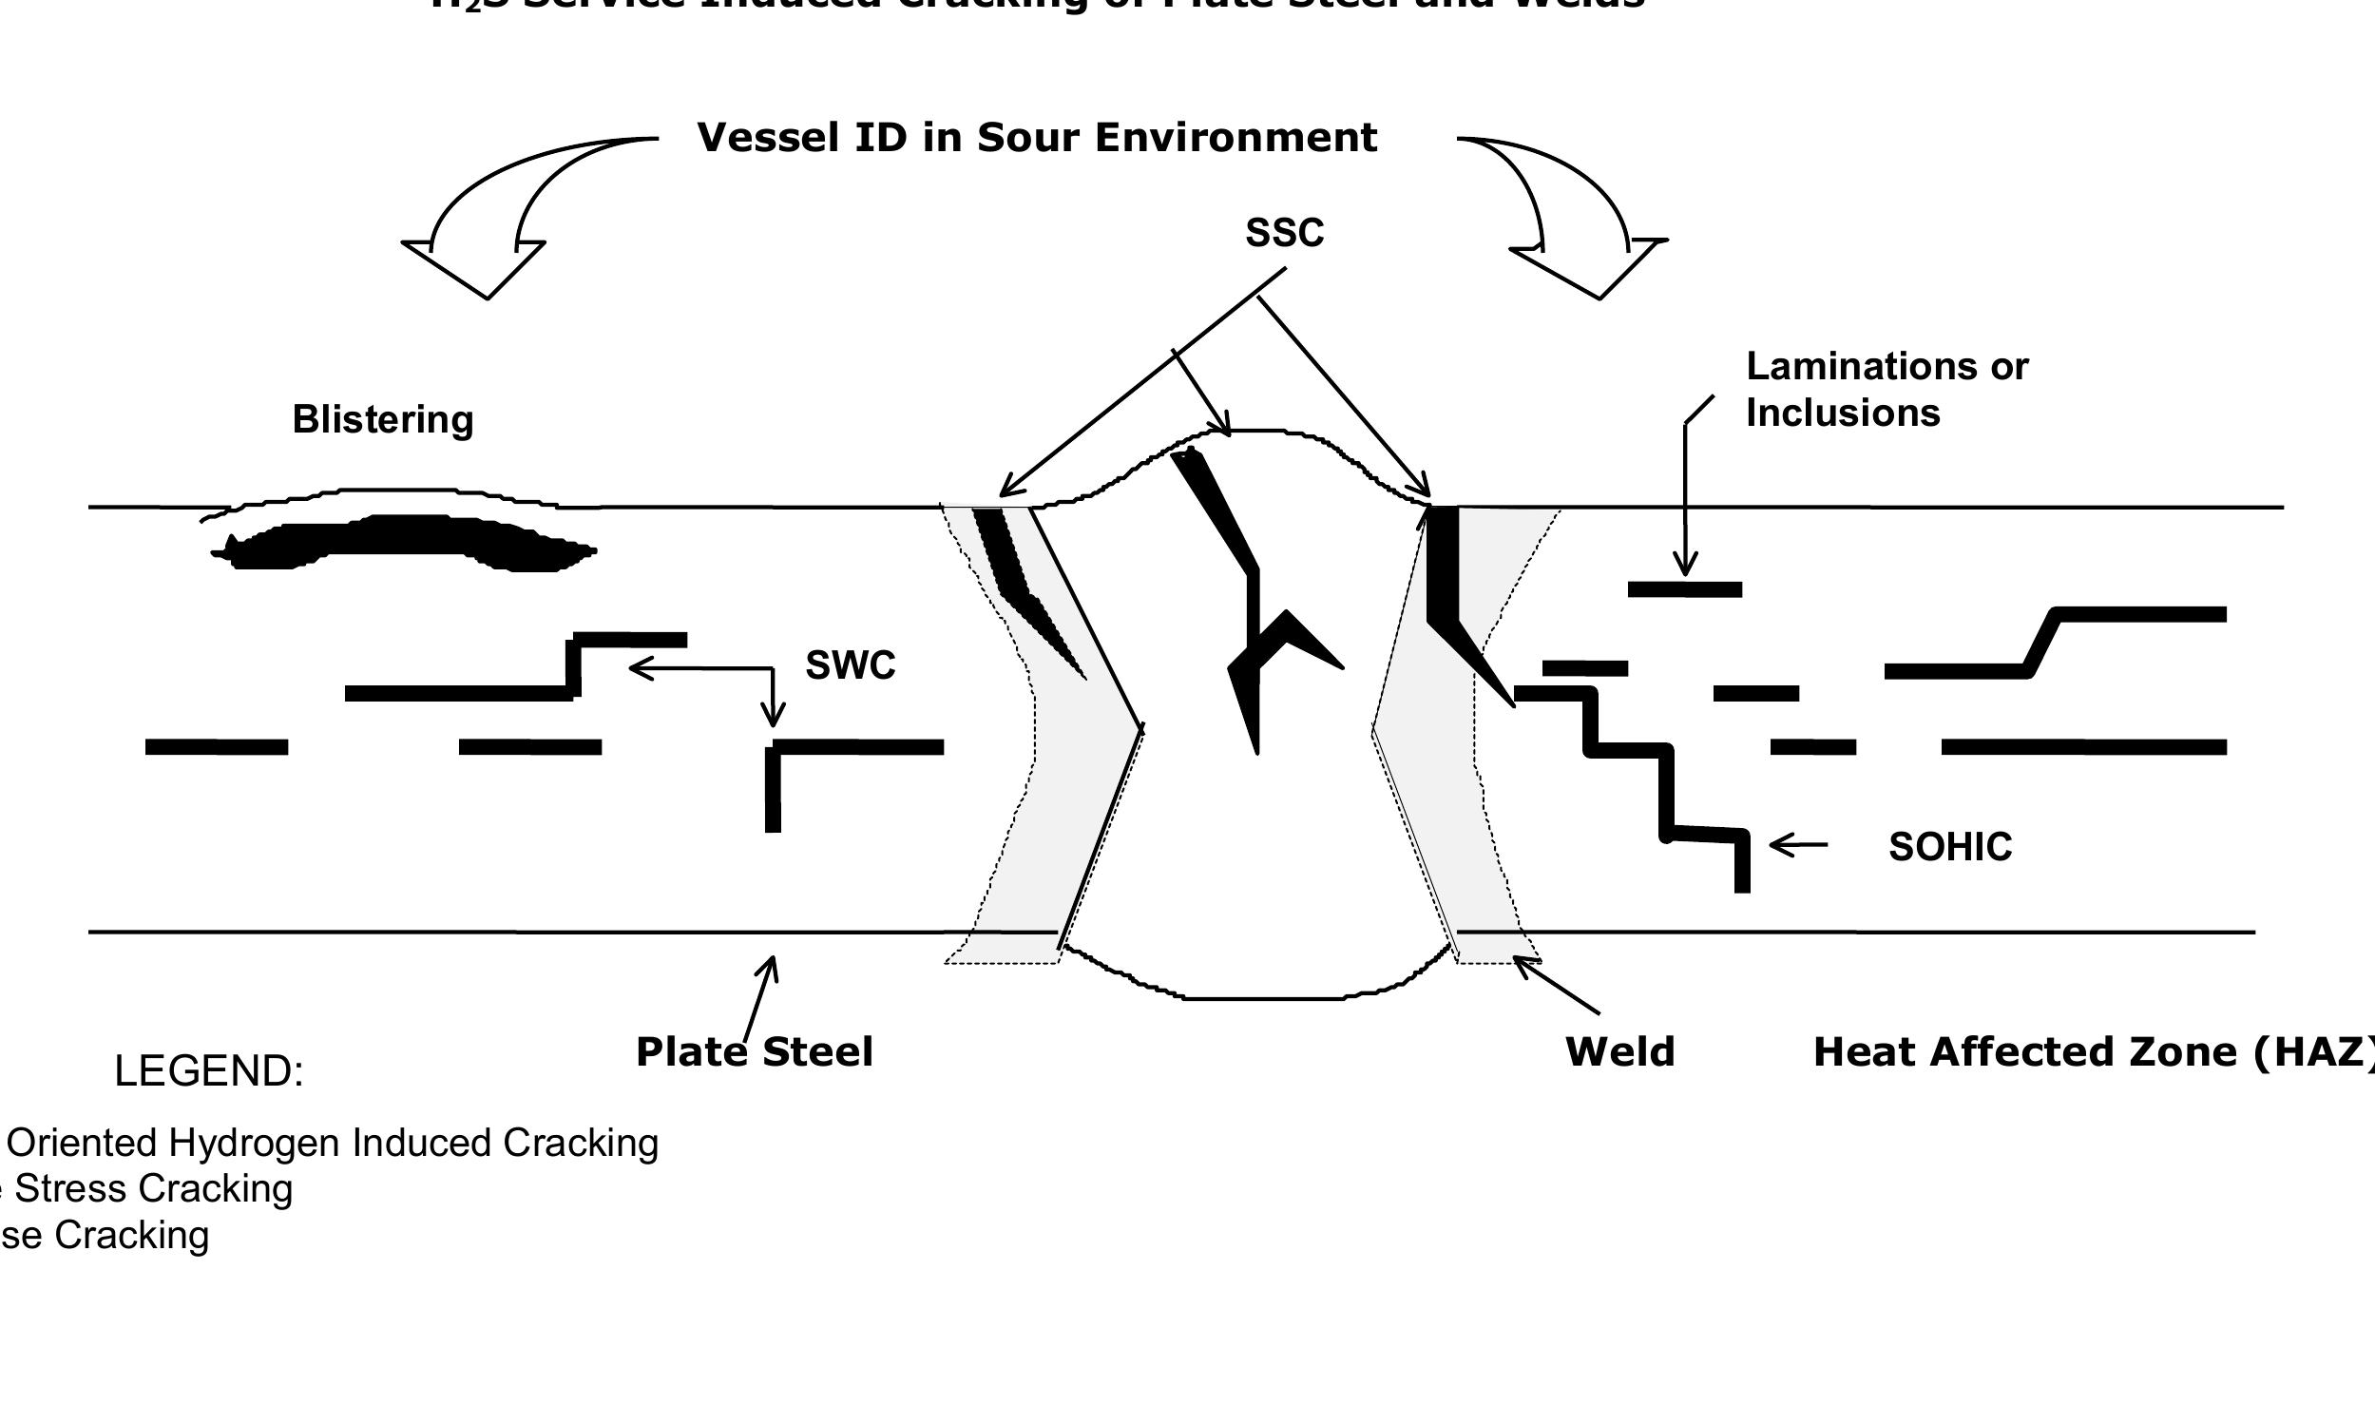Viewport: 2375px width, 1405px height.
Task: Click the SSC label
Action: click(1284, 233)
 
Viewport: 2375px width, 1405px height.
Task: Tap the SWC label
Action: click(850, 664)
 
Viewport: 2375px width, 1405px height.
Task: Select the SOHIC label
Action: click(1949, 846)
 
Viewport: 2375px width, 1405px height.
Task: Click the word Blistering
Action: click(382, 419)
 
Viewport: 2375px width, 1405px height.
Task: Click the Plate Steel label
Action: click(754, 1051)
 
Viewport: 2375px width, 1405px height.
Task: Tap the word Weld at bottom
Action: click(1619, 1051)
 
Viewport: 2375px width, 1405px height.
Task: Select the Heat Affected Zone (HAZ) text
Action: click(2091, 1051)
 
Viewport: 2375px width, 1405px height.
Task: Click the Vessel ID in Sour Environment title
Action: click(1036, 137)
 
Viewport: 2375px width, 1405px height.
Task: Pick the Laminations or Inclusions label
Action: click(1886, 389)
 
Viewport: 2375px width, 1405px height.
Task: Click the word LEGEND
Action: click(208, 1071)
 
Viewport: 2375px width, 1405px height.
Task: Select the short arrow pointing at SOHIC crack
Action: click(1797, 844)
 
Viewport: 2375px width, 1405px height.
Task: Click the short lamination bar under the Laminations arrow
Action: click(1684, 589)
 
